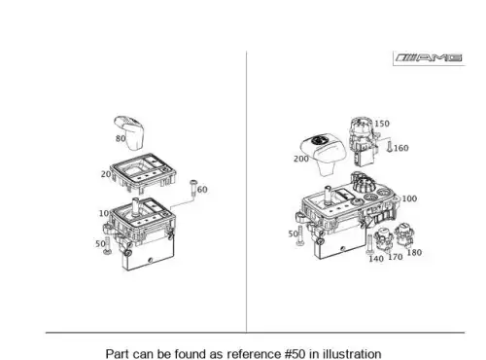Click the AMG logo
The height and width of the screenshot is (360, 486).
(x=429, y=58)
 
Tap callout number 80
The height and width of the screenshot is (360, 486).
(x=121, y=138)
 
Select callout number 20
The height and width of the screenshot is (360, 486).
(x=106, y=174)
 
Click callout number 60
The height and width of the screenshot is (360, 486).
(x=202, y=190)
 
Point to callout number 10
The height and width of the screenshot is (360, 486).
(x=104, y=213)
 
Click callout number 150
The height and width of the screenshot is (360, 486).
(x=382, y=124)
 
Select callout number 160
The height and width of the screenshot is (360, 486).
(x=401, y=148)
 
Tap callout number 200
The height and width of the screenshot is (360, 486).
(x=301, y=159)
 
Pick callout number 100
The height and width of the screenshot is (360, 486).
(x=409, y=198)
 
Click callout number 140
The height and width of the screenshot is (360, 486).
(x=376, y=259)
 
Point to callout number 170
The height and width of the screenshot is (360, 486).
(x=396, y=257)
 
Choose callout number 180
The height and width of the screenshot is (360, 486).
(x=414, y=252)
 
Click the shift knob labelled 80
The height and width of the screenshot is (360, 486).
(x=129, y=132)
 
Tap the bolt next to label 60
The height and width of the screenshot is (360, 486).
(x=193, y=188)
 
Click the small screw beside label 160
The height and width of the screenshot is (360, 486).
(x=390, y=147)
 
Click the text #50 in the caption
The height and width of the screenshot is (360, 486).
(x=295, y=354)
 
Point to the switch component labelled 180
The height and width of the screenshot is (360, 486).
(x=404, y=234)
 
